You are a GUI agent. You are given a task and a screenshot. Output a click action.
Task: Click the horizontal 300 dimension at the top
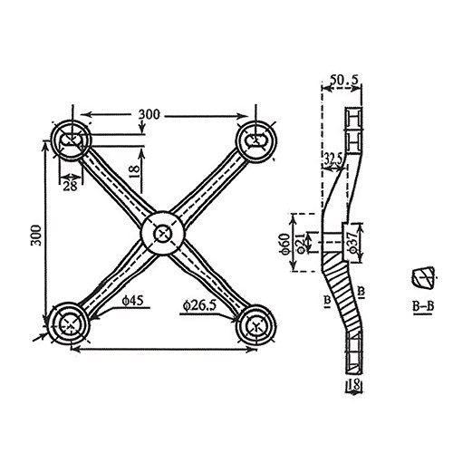(x=149, y=115)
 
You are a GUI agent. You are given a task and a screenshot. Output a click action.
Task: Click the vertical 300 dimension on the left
(x=36, y=236)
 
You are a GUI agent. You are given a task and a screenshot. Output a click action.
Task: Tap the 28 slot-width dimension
(x=70, y=186)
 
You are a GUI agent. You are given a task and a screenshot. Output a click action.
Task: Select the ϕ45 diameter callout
(x=132, y=301)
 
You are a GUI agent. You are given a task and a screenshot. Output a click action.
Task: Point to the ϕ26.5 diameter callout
(x=199, y=305)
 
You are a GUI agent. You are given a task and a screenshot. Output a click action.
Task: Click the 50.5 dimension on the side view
(x=343, y=80)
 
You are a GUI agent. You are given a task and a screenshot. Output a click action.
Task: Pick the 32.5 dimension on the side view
(x=333, y=159)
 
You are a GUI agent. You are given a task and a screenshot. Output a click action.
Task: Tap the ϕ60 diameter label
(x=286, y=243)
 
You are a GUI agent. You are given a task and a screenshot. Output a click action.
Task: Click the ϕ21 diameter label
(x=301, y=243)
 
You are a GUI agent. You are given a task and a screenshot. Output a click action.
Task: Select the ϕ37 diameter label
(x=354, y=242)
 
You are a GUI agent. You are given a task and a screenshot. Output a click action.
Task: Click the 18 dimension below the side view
(x=353, y=385)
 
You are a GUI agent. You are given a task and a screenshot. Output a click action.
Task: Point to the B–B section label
(x=423, y=307)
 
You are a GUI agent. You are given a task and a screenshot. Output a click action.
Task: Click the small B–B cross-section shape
(x=423, y=277)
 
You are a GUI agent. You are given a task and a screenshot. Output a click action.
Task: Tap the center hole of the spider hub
(x=163, y=234)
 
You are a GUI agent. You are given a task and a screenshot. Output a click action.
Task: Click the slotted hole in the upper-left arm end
(x=70, y=140)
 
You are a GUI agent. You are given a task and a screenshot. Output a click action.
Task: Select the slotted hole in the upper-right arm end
(x=255, y=140)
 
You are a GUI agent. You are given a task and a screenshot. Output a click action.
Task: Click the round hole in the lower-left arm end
(x=70, y=324)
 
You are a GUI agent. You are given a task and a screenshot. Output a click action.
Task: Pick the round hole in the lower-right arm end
(x=256, y=325)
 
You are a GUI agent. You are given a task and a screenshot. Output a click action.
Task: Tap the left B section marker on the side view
(x=327, y=301)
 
